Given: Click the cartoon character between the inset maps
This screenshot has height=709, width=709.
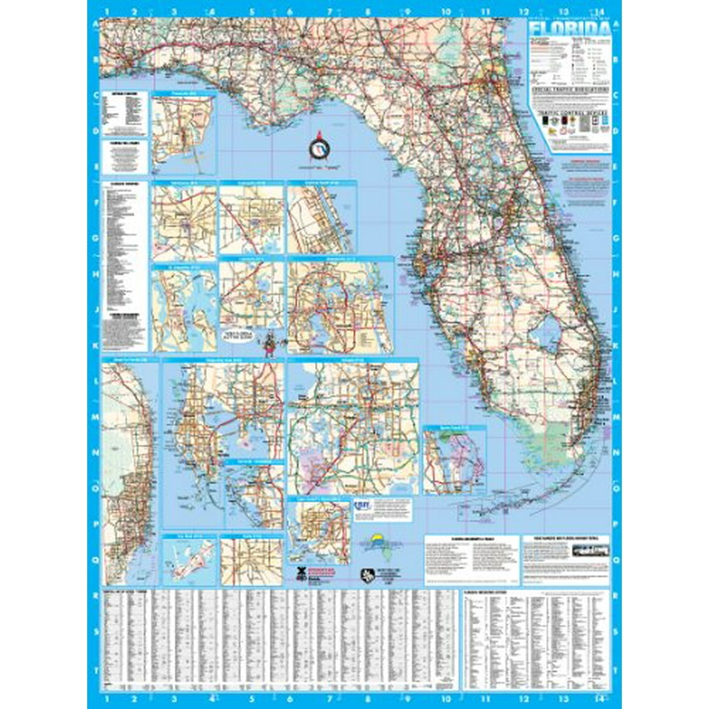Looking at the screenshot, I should tap(269, 345).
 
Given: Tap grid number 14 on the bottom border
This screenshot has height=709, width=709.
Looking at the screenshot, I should tap(599, 698).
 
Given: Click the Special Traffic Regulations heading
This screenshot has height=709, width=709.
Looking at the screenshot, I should tap(570, 91).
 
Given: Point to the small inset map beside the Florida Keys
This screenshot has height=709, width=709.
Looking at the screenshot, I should tap(454, 460).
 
